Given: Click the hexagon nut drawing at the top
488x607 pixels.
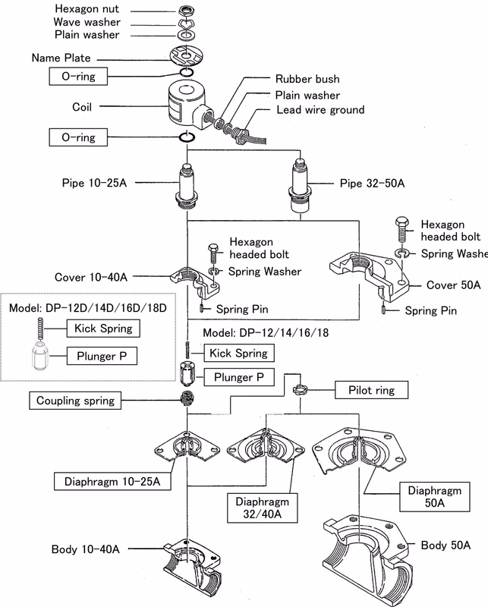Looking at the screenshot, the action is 187,11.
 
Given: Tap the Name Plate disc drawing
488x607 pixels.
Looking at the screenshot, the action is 186,56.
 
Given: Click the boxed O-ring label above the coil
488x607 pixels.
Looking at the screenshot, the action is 78,77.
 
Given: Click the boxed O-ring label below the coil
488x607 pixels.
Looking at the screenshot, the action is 78,137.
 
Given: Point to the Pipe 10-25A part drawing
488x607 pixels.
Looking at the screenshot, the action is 187,186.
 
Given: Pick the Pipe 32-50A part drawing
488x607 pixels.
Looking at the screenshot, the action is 300,185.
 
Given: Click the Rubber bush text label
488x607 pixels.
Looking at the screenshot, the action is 307,79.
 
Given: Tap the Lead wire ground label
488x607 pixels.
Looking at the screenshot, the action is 320,109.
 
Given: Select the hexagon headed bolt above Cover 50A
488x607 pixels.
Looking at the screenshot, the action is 402,230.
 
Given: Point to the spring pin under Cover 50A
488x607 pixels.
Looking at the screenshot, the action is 383,310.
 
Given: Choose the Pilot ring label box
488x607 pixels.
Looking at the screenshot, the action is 371,390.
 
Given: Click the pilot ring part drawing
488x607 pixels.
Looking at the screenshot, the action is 300,389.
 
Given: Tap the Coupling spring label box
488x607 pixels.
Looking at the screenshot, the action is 75,401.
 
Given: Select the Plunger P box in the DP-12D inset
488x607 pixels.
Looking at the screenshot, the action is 102,356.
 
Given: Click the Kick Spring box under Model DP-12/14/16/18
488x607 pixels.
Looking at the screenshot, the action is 239,353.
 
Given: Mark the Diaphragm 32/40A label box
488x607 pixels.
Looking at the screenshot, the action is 262,508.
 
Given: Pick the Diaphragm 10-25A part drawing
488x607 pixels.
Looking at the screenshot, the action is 187,446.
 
